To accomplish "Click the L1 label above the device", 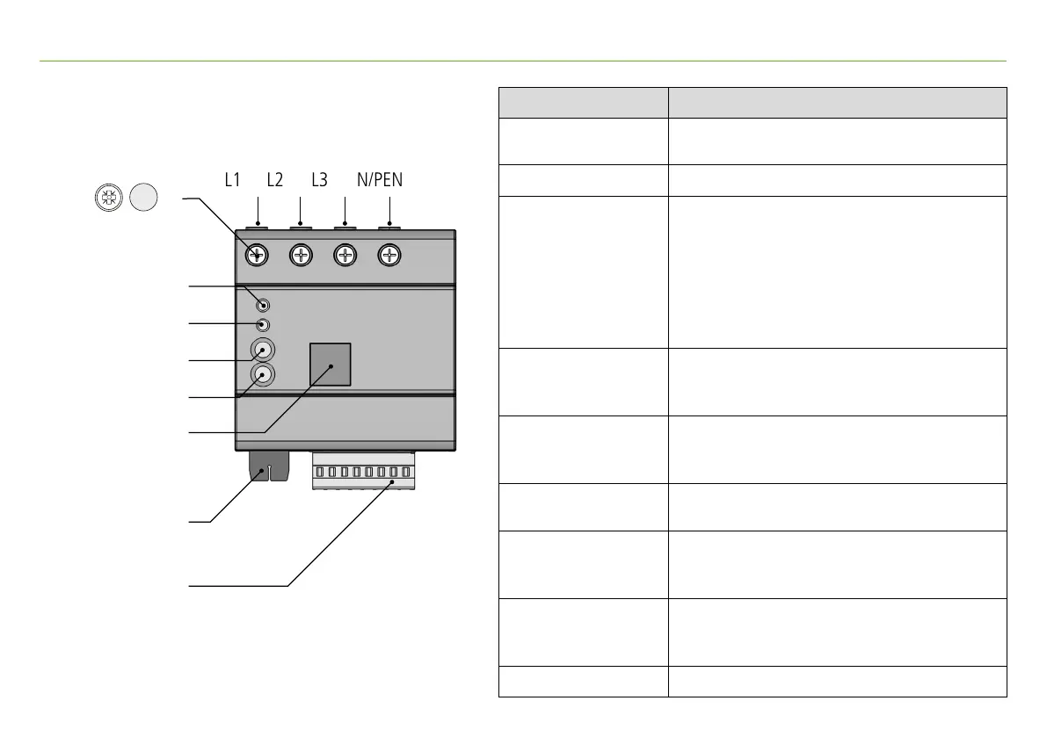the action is (x=231, y=180).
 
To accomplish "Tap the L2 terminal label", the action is (x=275, y=180).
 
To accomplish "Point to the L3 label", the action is (x=319, y=180).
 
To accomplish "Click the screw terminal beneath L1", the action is (x=257, y=256).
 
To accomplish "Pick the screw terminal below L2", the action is (x=301, y=256).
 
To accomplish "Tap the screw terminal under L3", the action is (x=345, y=256).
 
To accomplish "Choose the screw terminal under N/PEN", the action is (x=389, y=256).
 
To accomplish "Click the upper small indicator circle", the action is (x=263, y=305).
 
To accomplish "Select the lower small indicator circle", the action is (x=262, y=325).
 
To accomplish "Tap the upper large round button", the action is (x=262, y=350).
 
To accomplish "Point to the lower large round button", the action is (x=262, y=375).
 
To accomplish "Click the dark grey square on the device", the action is (x=331, y=364).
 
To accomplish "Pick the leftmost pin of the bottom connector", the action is (x=321, y=473).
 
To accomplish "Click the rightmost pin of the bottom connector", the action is (x=406, y=473).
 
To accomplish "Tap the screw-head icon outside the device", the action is (x=107, y=199).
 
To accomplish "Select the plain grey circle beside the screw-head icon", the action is (x=143, y=199).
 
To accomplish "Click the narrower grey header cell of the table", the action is (x=583, y=102).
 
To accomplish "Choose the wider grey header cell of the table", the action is (x=837, y=102).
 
